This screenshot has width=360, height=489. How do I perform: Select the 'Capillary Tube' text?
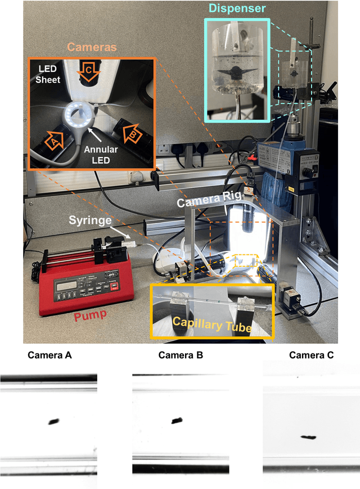(212, 324)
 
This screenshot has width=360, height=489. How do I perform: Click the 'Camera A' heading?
(49, 355)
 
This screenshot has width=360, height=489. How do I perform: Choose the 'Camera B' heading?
(180, 355)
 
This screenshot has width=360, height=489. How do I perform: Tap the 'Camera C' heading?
(311, 355)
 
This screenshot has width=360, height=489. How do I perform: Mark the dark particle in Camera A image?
(54, 421)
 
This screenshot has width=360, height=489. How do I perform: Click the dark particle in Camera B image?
(177, 420)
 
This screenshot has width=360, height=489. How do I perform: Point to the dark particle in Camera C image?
(308, 437)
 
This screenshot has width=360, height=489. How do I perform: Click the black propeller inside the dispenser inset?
(236, 73)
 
